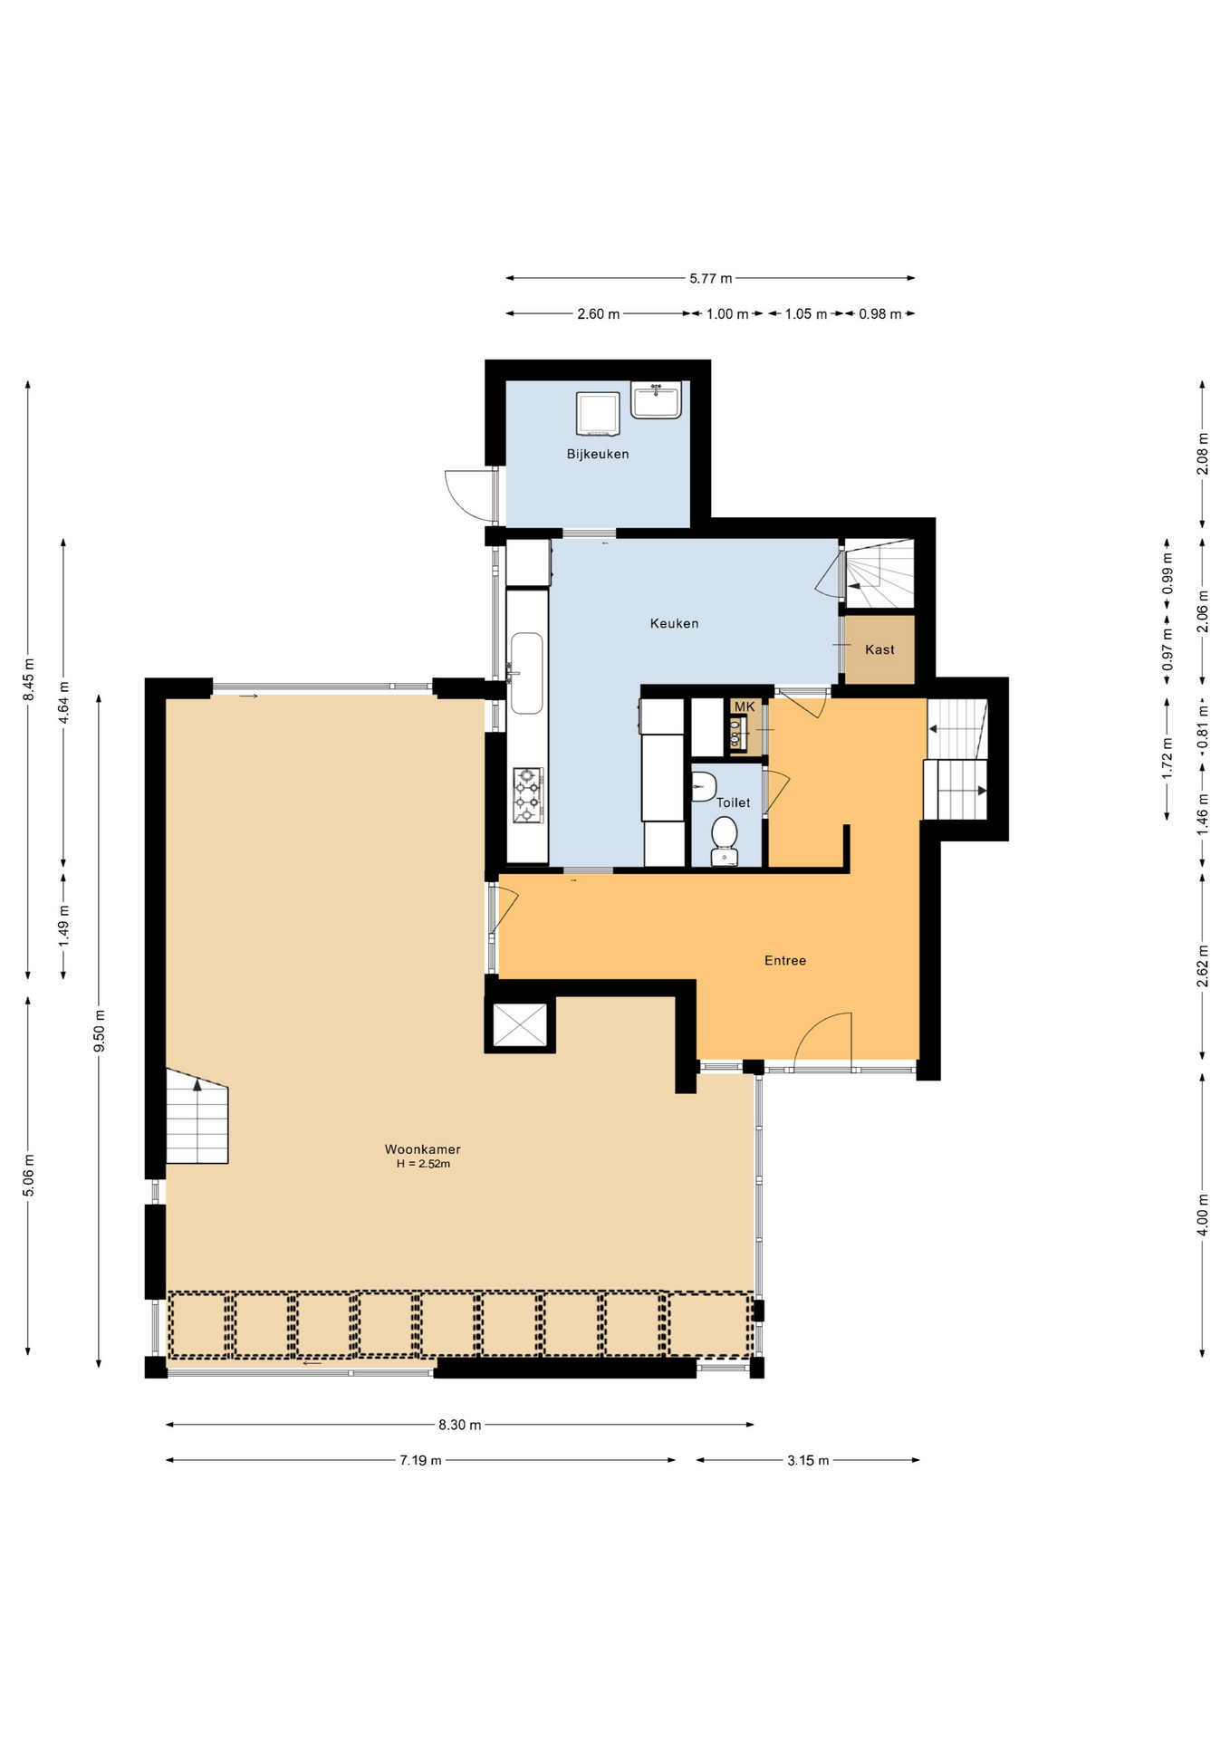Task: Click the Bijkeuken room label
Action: point(598,454)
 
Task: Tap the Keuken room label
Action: point(674,623)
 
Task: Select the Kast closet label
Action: point(879,649)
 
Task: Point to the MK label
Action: point(744,706)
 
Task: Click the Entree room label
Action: point(784,960)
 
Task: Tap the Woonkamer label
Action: point(422,1149)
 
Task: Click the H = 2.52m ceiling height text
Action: point(423,1164)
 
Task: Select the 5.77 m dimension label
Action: point(710,278)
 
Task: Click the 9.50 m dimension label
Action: point(100,1031)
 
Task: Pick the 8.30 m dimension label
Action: point(459,1425)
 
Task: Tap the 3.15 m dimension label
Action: point(807,1460)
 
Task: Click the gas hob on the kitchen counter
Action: point(527,794)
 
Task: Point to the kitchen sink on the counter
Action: point(526,672)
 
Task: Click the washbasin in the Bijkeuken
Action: point(656,399)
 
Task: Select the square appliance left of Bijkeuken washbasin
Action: point(598,413)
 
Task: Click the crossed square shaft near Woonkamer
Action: point(520,1024)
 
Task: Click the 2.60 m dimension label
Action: point(598,314)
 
